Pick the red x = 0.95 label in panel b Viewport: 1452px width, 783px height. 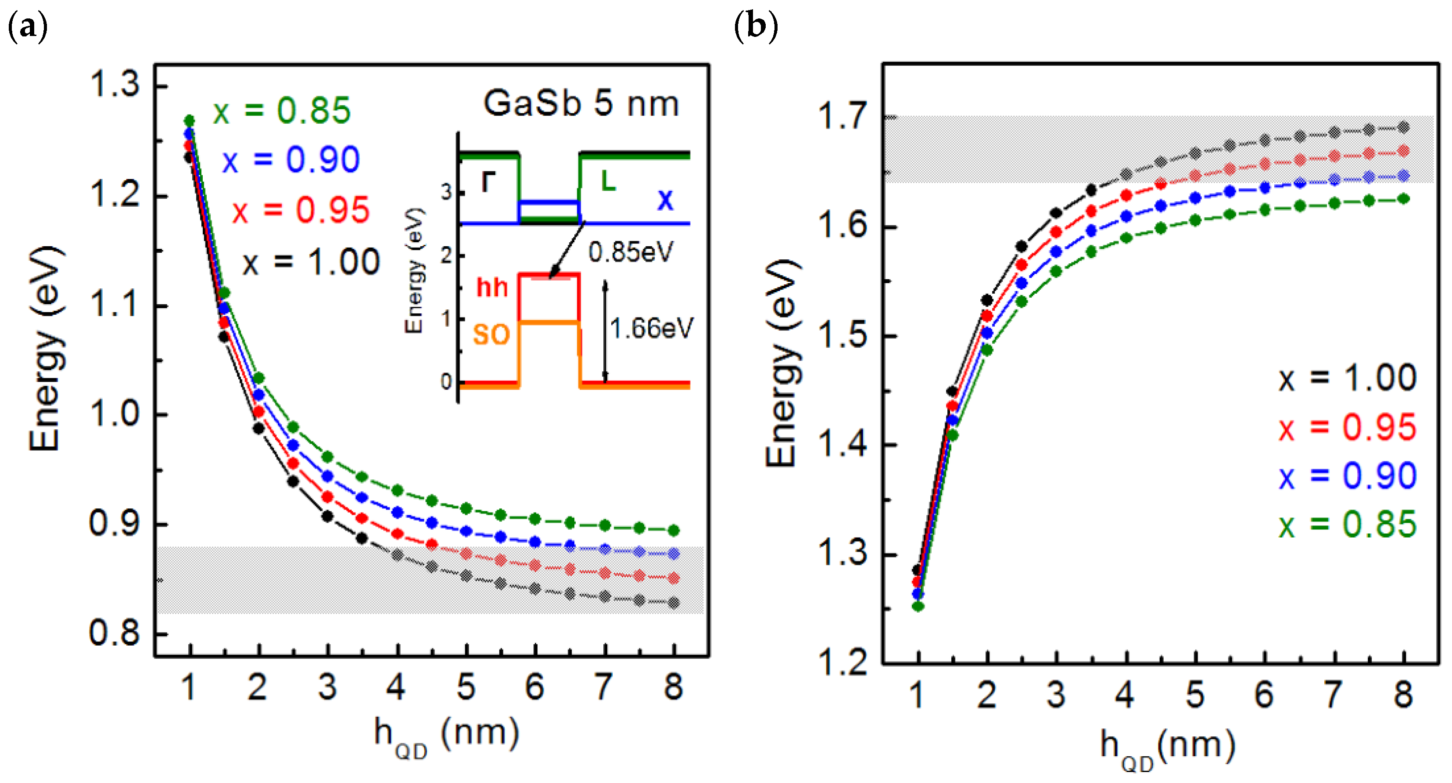1347,427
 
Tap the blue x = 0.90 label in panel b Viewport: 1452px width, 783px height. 1347,476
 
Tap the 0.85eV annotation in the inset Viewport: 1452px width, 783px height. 630,252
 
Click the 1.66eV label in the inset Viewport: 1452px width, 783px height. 651,329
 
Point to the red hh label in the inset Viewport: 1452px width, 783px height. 491,287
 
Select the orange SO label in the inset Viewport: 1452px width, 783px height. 491,335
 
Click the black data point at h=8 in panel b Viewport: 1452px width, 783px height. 1404,127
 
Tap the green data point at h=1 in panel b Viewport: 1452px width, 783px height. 918,606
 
